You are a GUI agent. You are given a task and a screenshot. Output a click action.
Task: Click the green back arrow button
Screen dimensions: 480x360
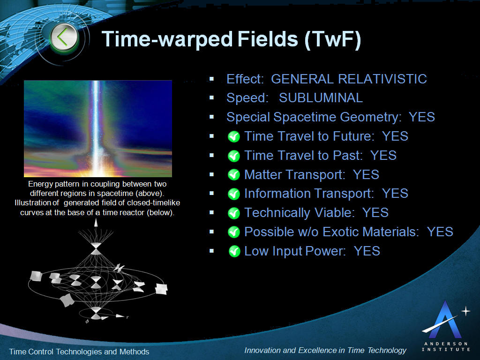tap(64, 37)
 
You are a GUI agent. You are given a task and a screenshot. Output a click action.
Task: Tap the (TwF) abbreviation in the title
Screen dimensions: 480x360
tap(333, 39)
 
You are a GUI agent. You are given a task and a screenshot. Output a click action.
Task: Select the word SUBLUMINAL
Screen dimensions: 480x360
tap(321, 98)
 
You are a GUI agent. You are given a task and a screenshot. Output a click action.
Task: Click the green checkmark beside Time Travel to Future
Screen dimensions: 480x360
tap(234, 136)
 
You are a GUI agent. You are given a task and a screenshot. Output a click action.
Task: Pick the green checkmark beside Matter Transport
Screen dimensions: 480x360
tap(234, 175)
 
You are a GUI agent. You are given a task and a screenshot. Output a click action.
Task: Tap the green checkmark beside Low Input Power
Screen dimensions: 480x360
tap(234, 251)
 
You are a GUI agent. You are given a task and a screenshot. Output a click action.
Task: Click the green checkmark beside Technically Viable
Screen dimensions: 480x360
tap(234, 213)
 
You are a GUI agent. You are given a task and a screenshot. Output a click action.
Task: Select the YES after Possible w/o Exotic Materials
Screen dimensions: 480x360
tap(440, 232)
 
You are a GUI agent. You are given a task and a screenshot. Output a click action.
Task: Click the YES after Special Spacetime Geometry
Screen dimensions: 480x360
tap(422, 117)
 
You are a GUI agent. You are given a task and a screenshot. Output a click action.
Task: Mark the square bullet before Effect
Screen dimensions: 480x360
tap(211, 79)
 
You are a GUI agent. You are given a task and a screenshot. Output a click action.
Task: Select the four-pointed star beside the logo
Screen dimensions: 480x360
tap(465, 311)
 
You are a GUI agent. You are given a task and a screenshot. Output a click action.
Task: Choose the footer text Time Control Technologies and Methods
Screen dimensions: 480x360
tap(79, 352)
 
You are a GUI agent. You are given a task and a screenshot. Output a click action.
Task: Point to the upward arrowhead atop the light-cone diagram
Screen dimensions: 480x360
tap(96, 223)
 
